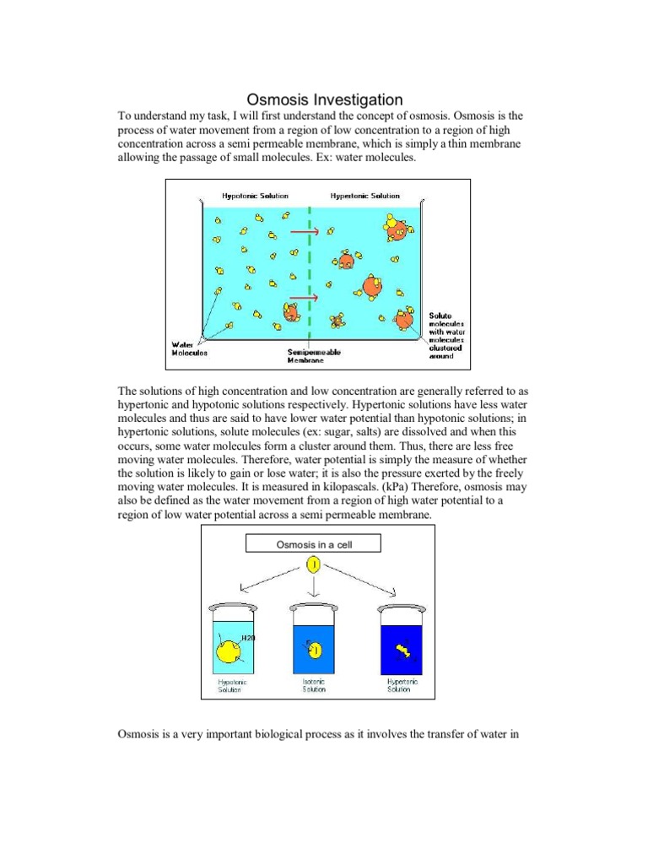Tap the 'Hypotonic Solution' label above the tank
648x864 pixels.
(x=255, y=196)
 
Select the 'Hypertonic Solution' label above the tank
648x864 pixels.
(x=365, y=196)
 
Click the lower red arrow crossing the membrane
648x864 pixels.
(x=303, y=297)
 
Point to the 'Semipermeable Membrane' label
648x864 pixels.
(x=314, y=355)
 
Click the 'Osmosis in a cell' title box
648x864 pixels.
(x=313, y=544)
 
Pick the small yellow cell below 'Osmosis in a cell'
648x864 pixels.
(x=313, y=564)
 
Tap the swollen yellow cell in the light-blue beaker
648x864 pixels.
(x=229, y=650)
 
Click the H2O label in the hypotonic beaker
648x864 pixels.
(x=247, y=638)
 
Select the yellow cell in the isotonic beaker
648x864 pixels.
(x=314, y=649)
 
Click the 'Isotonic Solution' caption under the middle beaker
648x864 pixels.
(x=314, y=685)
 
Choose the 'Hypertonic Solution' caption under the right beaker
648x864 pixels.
(x=402, y=685)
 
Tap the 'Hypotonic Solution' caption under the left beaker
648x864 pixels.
(x=230, y=685)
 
